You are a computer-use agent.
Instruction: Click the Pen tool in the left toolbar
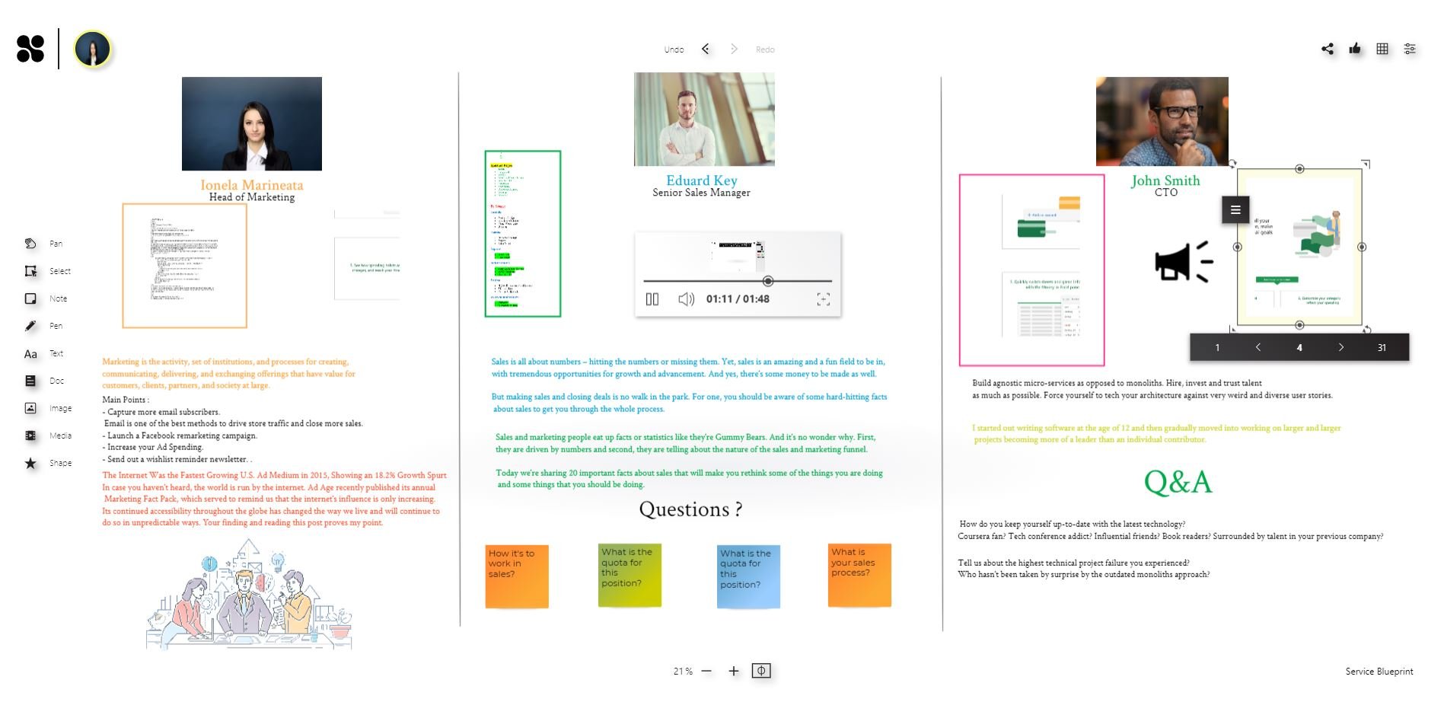30,326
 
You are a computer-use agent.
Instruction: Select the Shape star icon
30,463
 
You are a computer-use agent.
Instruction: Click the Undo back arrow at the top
706,49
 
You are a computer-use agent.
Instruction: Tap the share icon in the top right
1328,49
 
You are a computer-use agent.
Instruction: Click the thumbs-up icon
1355,49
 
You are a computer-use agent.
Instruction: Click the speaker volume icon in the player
686,299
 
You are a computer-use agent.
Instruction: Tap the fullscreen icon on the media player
823,299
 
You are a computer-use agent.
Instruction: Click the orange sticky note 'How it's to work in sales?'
517,576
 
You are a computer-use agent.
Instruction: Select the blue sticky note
748,576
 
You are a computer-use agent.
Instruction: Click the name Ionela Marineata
251,185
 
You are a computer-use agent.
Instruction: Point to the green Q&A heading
1177,482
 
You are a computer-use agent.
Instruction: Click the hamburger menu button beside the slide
1235,209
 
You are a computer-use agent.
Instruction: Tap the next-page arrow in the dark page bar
1340,347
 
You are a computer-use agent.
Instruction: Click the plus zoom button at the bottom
733,671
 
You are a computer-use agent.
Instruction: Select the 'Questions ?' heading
690,509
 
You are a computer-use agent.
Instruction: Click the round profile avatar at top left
93,49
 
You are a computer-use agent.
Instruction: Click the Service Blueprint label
1379,672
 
